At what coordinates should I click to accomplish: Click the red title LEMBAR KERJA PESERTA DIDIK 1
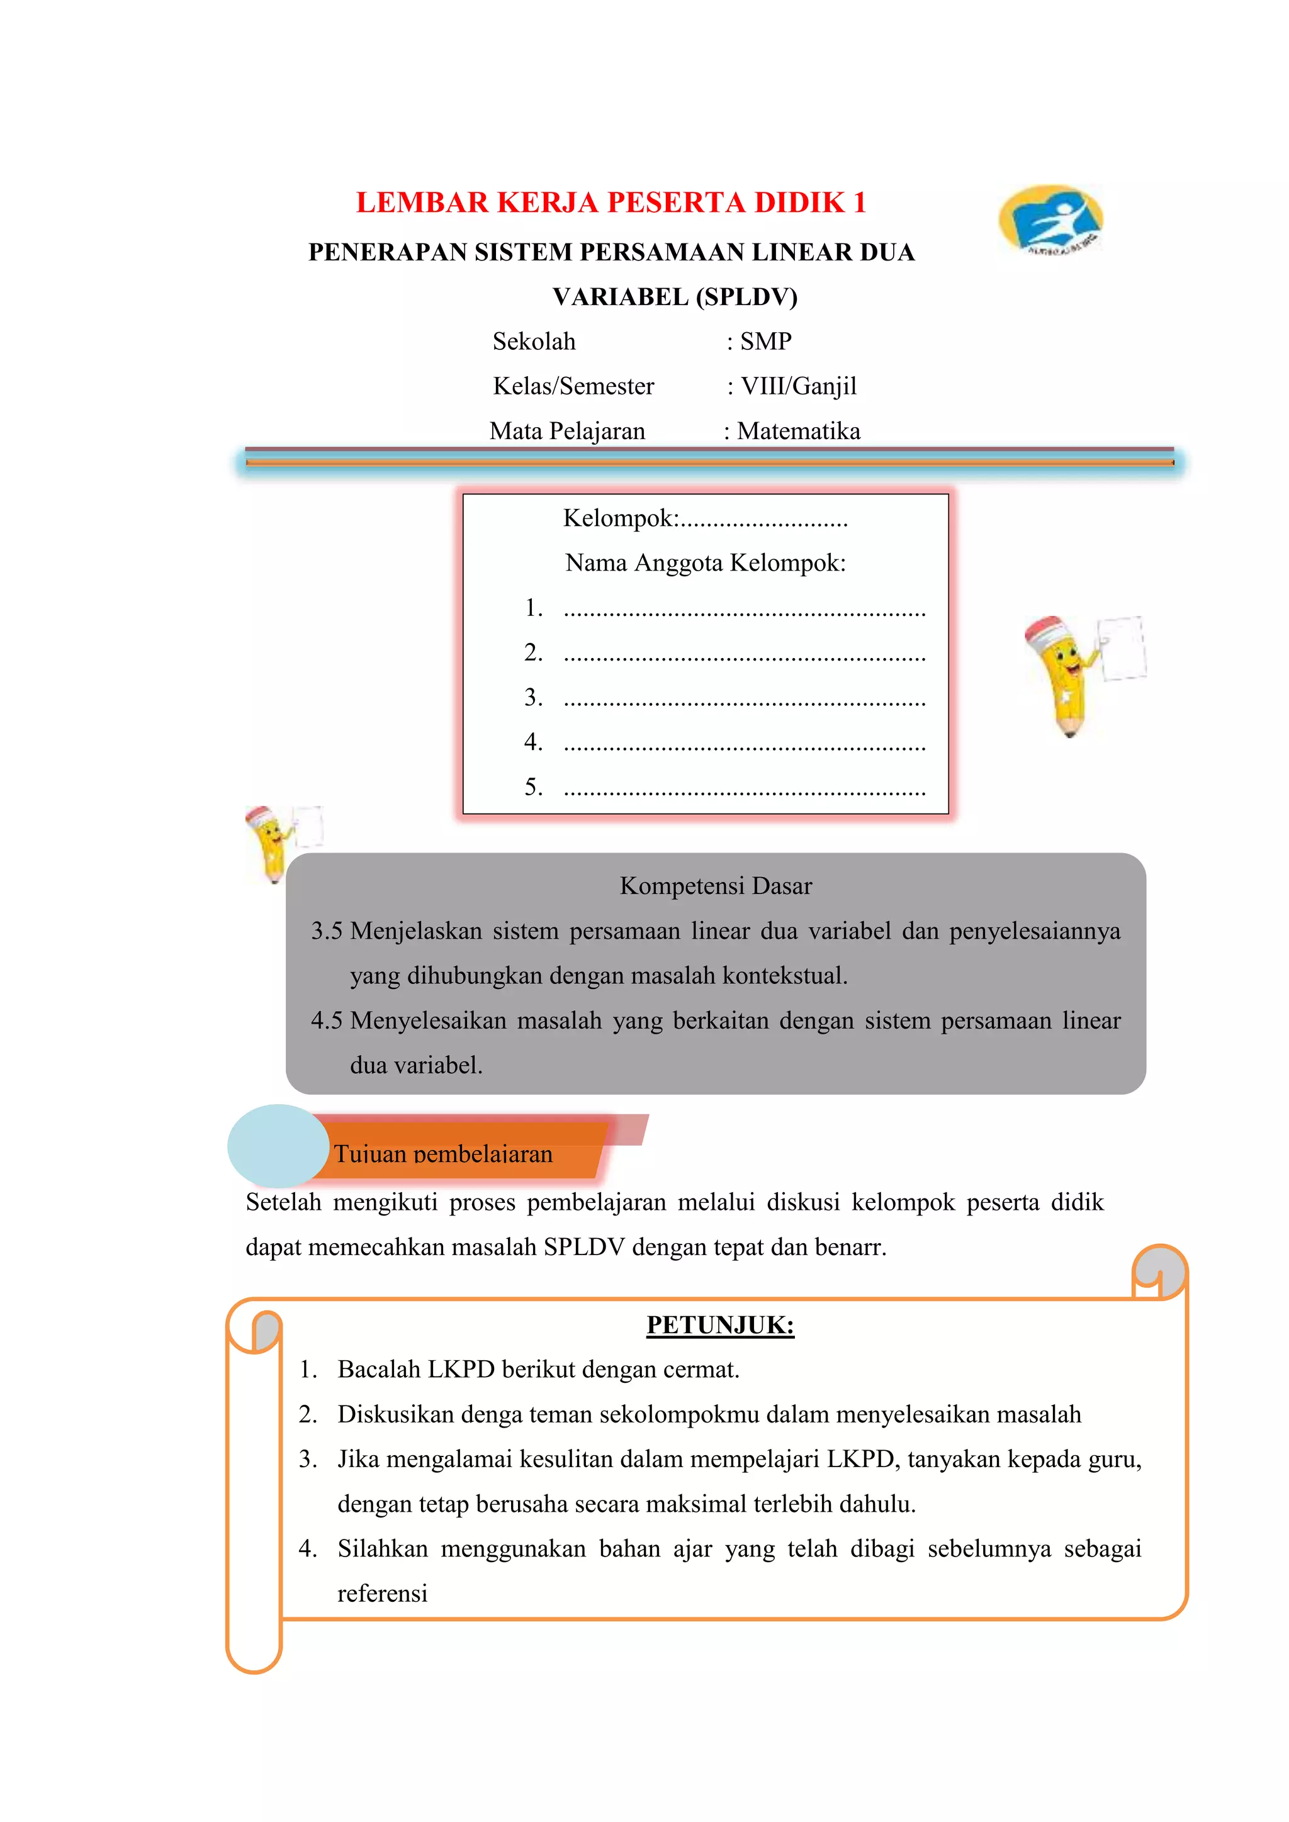click(x=611, y=203)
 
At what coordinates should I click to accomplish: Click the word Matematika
click(x=799, y=431)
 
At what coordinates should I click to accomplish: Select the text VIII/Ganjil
click(x=799, y=386)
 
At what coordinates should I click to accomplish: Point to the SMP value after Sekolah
click(x=765, y=341)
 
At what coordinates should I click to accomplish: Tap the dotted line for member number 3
click(x=745, y=699)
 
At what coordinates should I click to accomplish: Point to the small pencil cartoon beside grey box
click(x=274, y=843)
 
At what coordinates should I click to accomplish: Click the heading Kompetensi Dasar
click(x=715, y=886)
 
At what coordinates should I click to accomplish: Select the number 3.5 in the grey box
click(x=326, y=931)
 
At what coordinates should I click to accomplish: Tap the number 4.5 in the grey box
click(x=326, y=1020)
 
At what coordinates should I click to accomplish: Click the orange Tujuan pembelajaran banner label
click(x=443, y=1153)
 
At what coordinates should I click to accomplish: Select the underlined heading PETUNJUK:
click(x=720, y=1325)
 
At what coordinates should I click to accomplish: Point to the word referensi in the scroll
click(x=383, y=1594)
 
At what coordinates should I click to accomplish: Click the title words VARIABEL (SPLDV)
click(x=675, y=297)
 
